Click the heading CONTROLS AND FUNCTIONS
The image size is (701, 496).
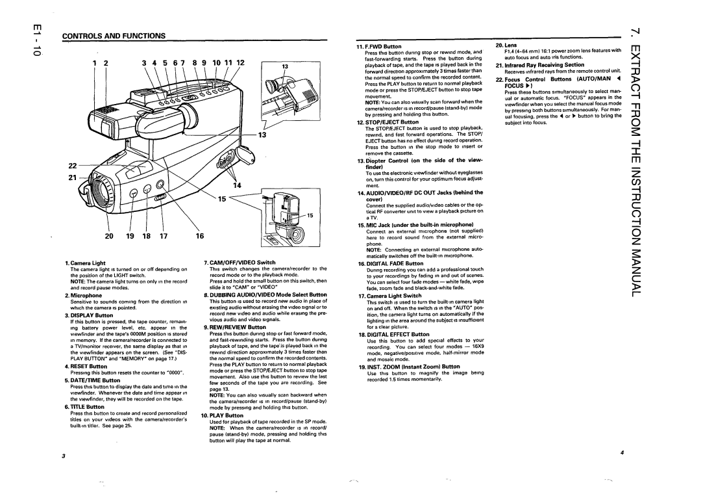(113, 36)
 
